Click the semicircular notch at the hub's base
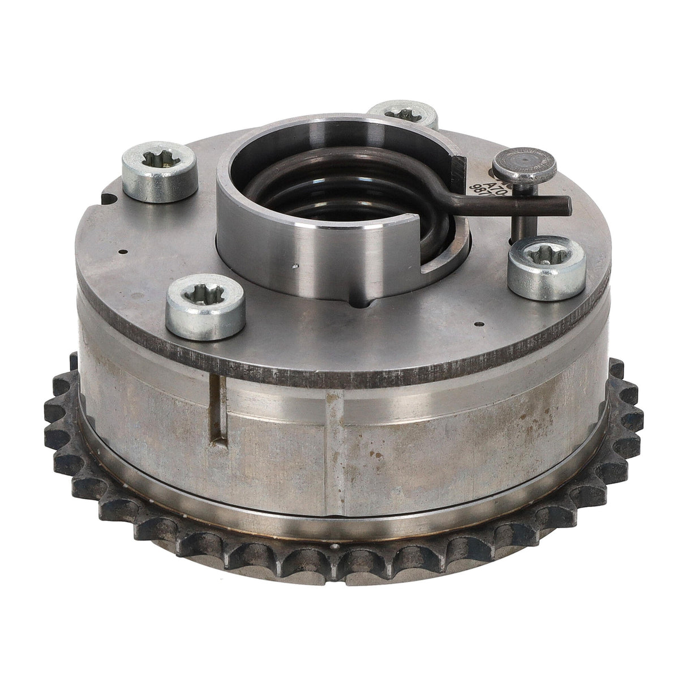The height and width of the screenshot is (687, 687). tap(360, 303)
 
